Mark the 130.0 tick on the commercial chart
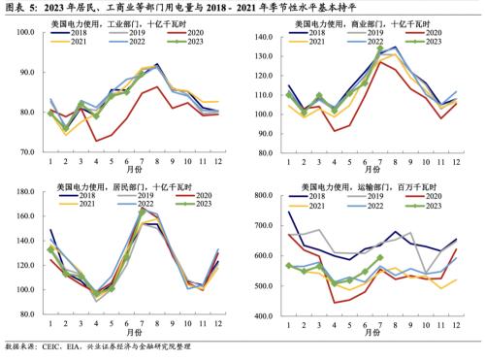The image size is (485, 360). tap(273, 54)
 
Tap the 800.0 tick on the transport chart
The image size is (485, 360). tap(273, 196)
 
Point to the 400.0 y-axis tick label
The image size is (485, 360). tap(273, 316)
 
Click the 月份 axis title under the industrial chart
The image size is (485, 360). tap(133, 171)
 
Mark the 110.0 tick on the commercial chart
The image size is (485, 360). tap(273, 95)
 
